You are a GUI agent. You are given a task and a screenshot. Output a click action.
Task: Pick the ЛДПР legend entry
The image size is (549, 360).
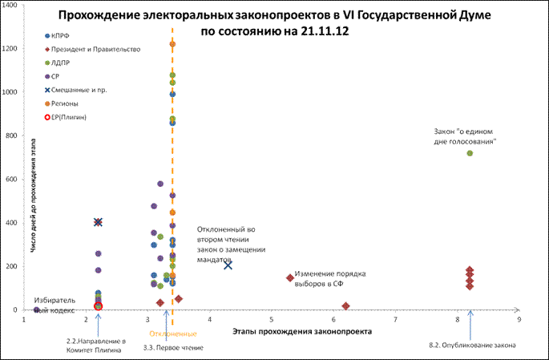pyautogui.click(x=62, y=63)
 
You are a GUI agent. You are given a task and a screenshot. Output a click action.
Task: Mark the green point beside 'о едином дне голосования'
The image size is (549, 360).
pyautogui.click(x=470, y=153)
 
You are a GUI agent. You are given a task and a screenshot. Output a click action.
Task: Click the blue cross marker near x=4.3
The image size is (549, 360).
pyautogui.click(x=228, y=265)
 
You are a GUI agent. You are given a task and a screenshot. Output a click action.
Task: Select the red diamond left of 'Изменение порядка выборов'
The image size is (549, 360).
pyautogui.click(x=290, y=278)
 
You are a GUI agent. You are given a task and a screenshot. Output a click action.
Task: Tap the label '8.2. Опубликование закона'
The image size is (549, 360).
pyautogui.click(x=472, y=346)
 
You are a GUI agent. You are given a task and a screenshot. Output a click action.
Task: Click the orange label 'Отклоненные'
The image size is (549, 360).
pyautogui.click(x=173, y=334)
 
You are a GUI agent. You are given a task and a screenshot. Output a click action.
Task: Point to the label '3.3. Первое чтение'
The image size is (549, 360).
pyautogui.click(x=174, y=347)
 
